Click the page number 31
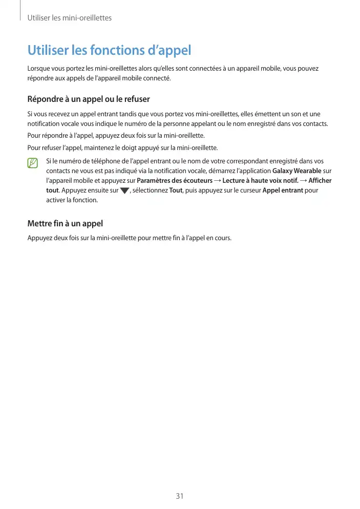coord(179,496)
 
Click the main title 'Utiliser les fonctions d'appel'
coord(109,50)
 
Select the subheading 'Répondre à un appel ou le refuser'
coord(88,99)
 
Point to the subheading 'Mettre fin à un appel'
coord(65,223)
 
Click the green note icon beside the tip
coord(33,163)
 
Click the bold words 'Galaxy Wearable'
coord(297,171)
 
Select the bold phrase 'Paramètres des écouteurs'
coord(175,180)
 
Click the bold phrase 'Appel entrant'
coord(283,190)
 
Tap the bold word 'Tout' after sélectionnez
coord(176,190)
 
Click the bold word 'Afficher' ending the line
coord(320,180)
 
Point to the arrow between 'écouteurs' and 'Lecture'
coord(218,180)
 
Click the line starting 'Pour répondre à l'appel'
coord(116,136)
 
